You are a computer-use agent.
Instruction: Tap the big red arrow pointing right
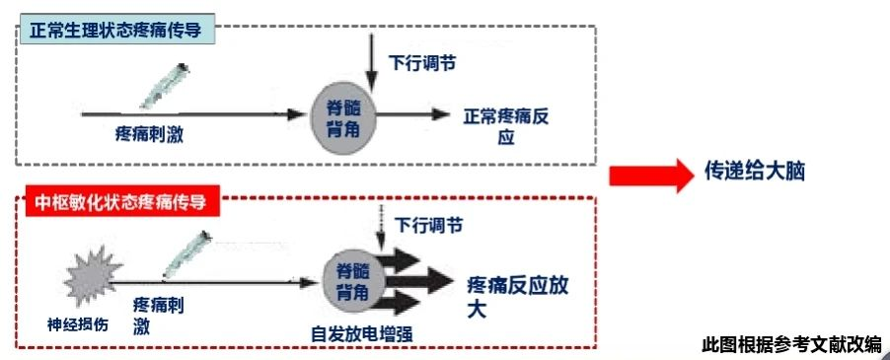pyautogui.click(x=651, y=176)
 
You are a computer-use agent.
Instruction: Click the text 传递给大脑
pyautogui.click(x=755, y=170)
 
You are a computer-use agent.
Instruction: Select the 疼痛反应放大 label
pyautogui.click(x=518, y=295)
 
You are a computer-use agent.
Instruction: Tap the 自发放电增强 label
pyautogui.click(x=361, y=333)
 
